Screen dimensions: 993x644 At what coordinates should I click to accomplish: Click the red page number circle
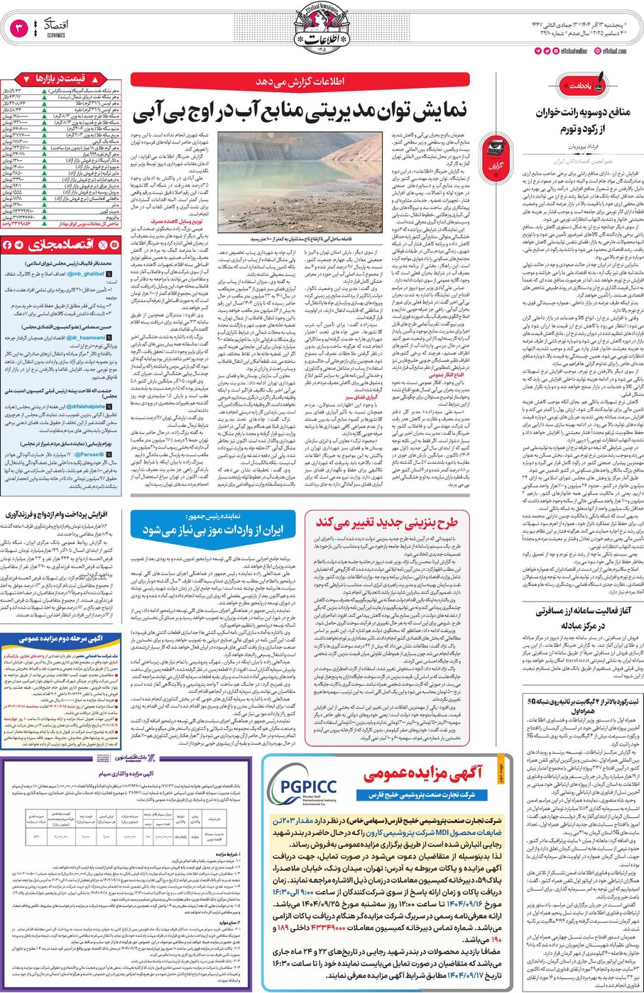(19, 29)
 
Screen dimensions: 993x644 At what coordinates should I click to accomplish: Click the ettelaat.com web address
(613, 50)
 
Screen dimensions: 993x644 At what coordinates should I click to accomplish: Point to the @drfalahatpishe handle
(87, 406)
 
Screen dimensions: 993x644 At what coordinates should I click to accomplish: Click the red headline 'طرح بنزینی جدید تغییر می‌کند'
(386, 523)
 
